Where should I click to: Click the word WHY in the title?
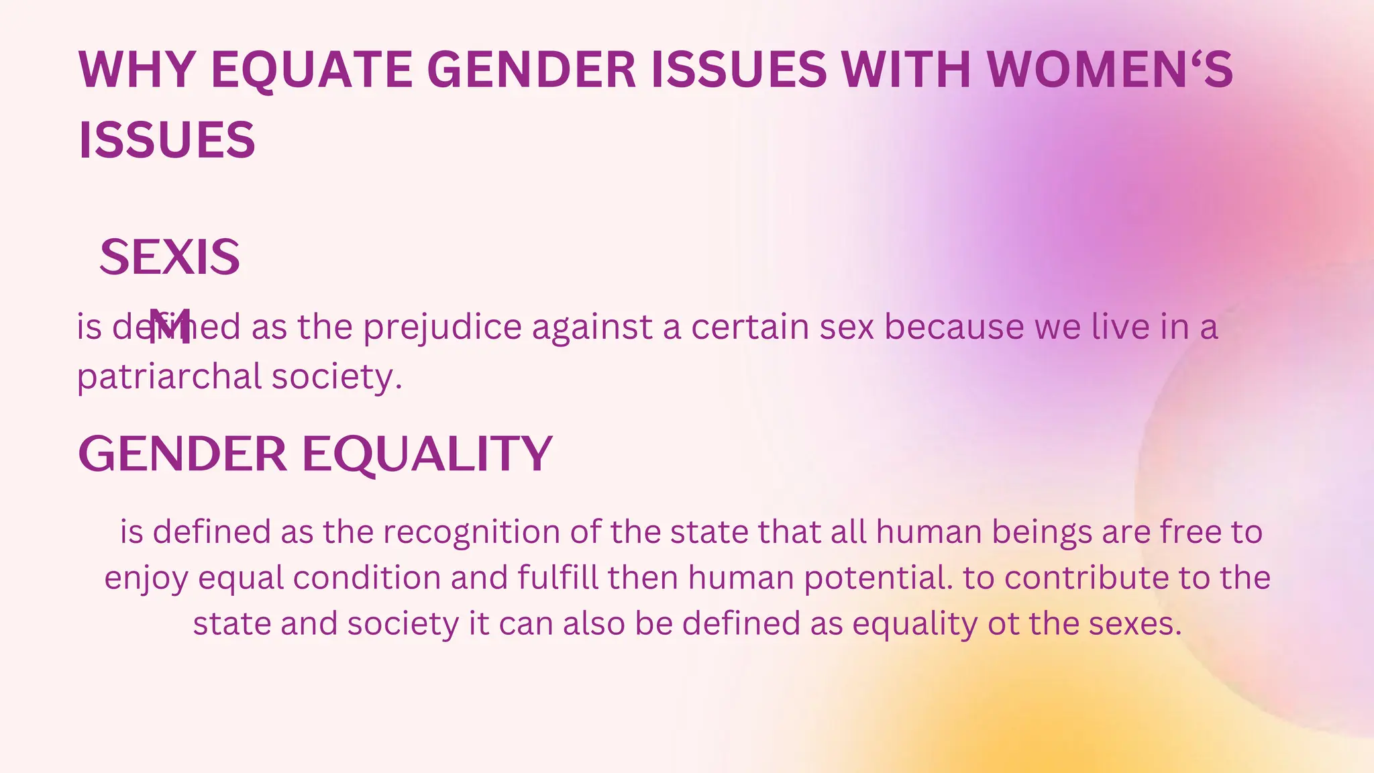point(136,69)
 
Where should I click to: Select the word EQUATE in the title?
point(312,69)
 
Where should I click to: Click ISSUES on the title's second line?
point(167,140)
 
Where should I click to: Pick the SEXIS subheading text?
point(170,258)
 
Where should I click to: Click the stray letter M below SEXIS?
point(170,326)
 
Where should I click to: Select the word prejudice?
point(442,328)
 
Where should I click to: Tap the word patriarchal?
point(168,377)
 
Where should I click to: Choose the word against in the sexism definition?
point(592,328)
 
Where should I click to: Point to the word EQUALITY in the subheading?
point(427,454)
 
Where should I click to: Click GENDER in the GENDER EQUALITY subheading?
point(182,454)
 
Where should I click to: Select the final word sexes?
point(1134,624)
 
